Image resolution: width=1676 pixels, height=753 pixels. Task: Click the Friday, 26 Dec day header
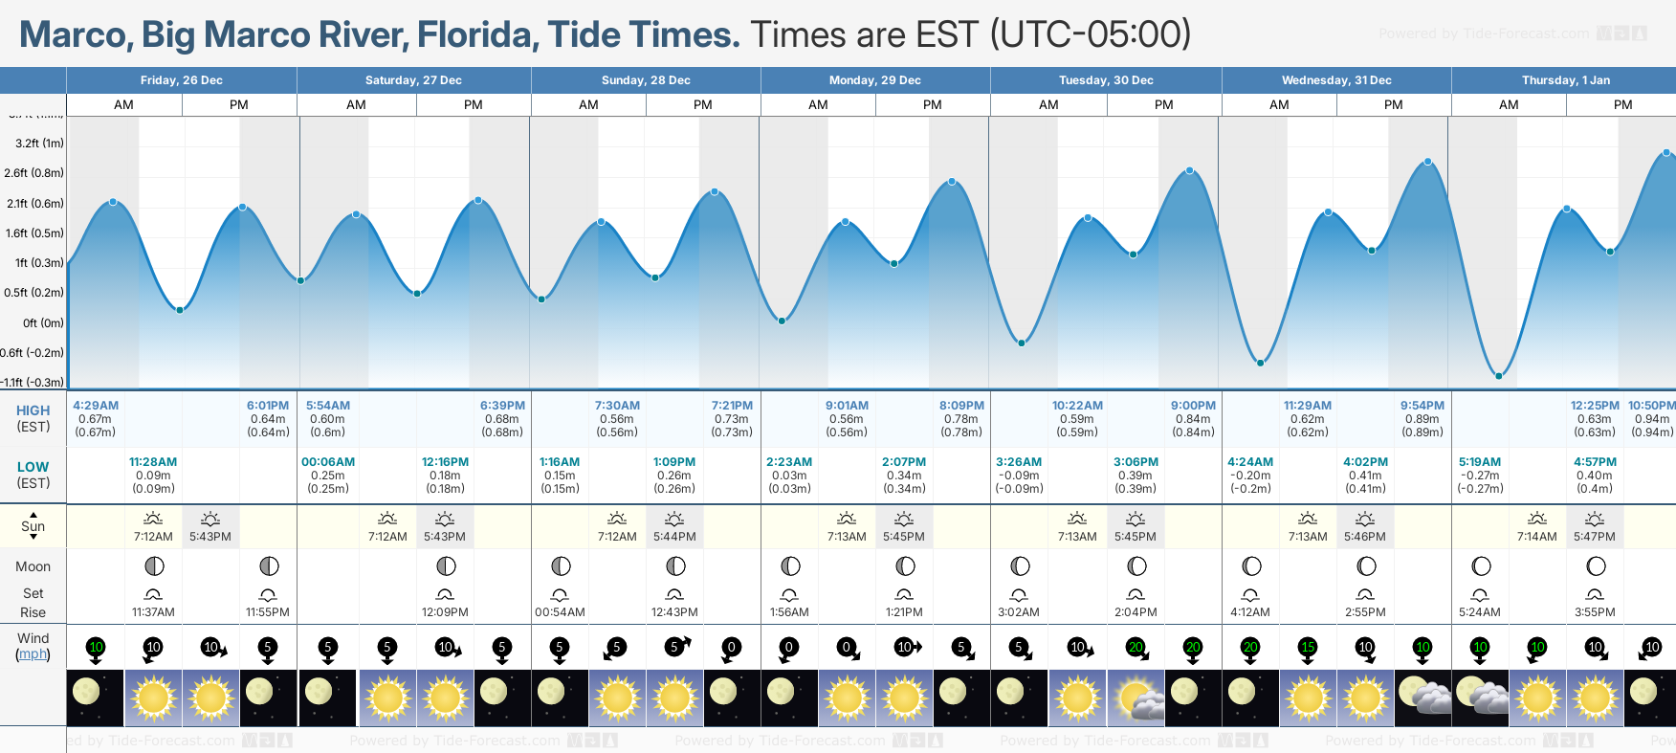coord(181,80)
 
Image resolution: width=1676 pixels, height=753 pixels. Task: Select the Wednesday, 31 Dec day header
coord(1336,80)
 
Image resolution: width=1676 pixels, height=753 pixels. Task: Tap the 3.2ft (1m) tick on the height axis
coord(39,144)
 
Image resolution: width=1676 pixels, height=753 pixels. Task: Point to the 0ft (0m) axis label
coord(43,323)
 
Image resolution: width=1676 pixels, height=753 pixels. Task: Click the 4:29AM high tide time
coord(96,406)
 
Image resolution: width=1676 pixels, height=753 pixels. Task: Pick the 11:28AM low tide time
coord(153,462)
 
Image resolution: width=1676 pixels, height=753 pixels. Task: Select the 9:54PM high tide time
coord(1422,406)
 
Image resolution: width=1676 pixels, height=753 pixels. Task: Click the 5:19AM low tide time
coord(1480,462)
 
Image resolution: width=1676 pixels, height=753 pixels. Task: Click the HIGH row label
coord(33,410)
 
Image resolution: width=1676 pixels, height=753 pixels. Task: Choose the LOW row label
coord(33,467)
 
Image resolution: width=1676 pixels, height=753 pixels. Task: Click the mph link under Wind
coord(33,654)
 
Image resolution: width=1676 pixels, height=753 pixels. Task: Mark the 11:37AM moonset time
coord(153,612)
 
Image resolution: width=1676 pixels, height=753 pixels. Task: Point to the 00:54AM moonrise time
coord(560,612)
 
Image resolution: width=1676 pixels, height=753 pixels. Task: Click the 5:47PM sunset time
coord(1595,537)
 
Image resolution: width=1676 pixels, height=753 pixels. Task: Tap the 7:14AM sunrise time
coord(1537,537)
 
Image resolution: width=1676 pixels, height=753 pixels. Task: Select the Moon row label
coord(33,566)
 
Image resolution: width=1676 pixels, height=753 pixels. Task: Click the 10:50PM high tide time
coord(1651,406)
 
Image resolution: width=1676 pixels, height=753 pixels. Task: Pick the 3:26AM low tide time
coord(1019,462)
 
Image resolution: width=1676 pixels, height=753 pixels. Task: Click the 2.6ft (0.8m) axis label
coord(33,173)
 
